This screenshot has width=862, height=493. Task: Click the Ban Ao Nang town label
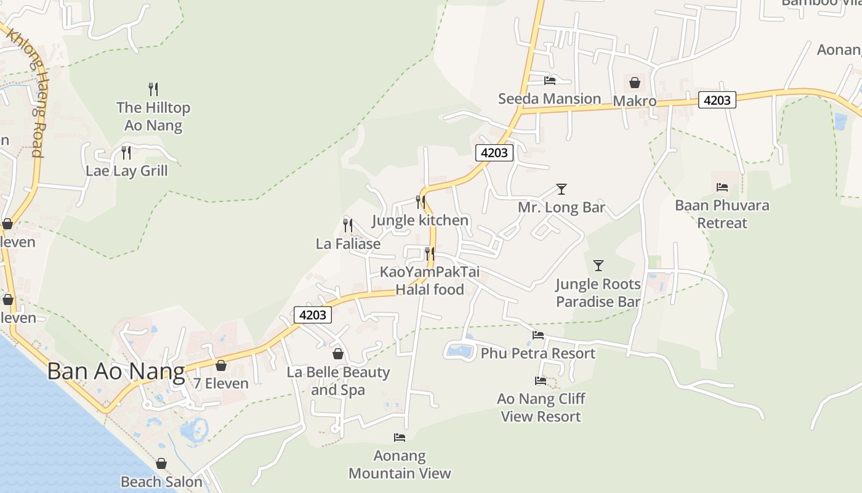point(116,372)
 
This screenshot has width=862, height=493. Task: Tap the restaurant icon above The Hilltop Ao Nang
point(153,89)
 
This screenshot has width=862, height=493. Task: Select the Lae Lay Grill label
point(126,171)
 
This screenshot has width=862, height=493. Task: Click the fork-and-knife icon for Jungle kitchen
point(421,202)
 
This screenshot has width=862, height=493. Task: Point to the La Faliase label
point(348,244)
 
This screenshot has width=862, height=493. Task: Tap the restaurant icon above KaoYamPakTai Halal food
point(429,253)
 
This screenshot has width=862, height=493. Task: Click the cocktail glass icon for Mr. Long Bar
point(561,189)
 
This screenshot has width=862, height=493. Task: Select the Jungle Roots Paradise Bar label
point(598,293)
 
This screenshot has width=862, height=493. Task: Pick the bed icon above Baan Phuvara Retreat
point(722,187)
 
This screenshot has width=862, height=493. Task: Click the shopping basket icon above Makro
point(635,83)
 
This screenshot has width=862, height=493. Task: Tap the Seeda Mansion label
point(549,99)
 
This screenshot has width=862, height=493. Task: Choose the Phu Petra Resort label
point(538,354)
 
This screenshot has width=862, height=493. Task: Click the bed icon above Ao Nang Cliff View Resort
point(541,381)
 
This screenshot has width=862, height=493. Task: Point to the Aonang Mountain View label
point(400,465)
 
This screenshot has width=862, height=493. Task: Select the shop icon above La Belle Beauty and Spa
point(338,354)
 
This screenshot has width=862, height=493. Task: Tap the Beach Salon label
point(161,482)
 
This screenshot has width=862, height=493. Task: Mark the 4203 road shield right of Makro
point(717,100)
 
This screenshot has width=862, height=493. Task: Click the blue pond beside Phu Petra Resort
point(460,351)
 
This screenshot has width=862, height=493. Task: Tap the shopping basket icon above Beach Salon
point(161,463)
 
